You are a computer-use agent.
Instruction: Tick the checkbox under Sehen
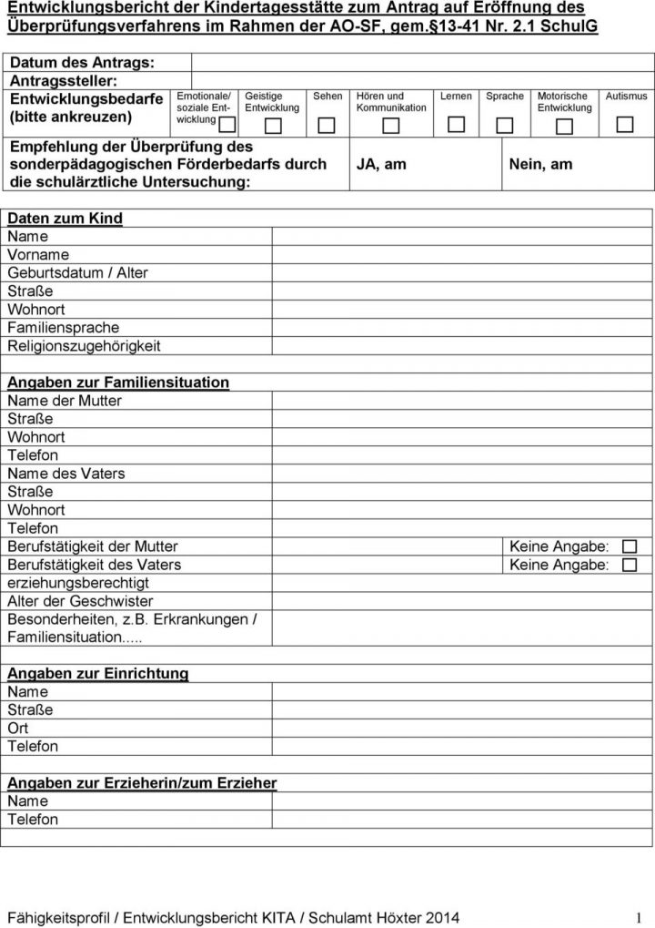coord(327,125)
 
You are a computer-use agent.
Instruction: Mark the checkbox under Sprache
coord(505,125)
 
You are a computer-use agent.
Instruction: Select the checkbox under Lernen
coord(456,125)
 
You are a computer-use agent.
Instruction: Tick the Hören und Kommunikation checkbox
coord(390,125)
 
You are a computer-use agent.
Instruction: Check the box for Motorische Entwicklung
coord(564,125)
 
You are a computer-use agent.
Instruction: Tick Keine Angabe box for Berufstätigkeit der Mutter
coord(630,546)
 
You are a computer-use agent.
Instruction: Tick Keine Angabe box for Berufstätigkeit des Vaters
coord(630,565)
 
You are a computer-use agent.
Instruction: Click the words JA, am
coord(381,164)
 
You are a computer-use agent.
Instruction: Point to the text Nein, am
coord(541,164)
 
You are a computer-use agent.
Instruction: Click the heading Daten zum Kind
coord(65,219)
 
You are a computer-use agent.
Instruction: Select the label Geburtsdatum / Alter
coord(77,273)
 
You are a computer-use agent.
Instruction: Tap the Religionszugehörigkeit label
coord(84,346)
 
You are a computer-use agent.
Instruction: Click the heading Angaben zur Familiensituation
coord(118,382)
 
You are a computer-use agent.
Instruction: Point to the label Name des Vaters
coord(66,474)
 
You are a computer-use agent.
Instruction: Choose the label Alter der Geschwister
coord(80,601)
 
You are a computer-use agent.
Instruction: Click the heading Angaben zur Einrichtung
coord(98,674)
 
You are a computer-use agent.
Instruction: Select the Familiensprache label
coord(63,328)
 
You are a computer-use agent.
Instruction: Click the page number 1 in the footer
coord(640,916)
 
